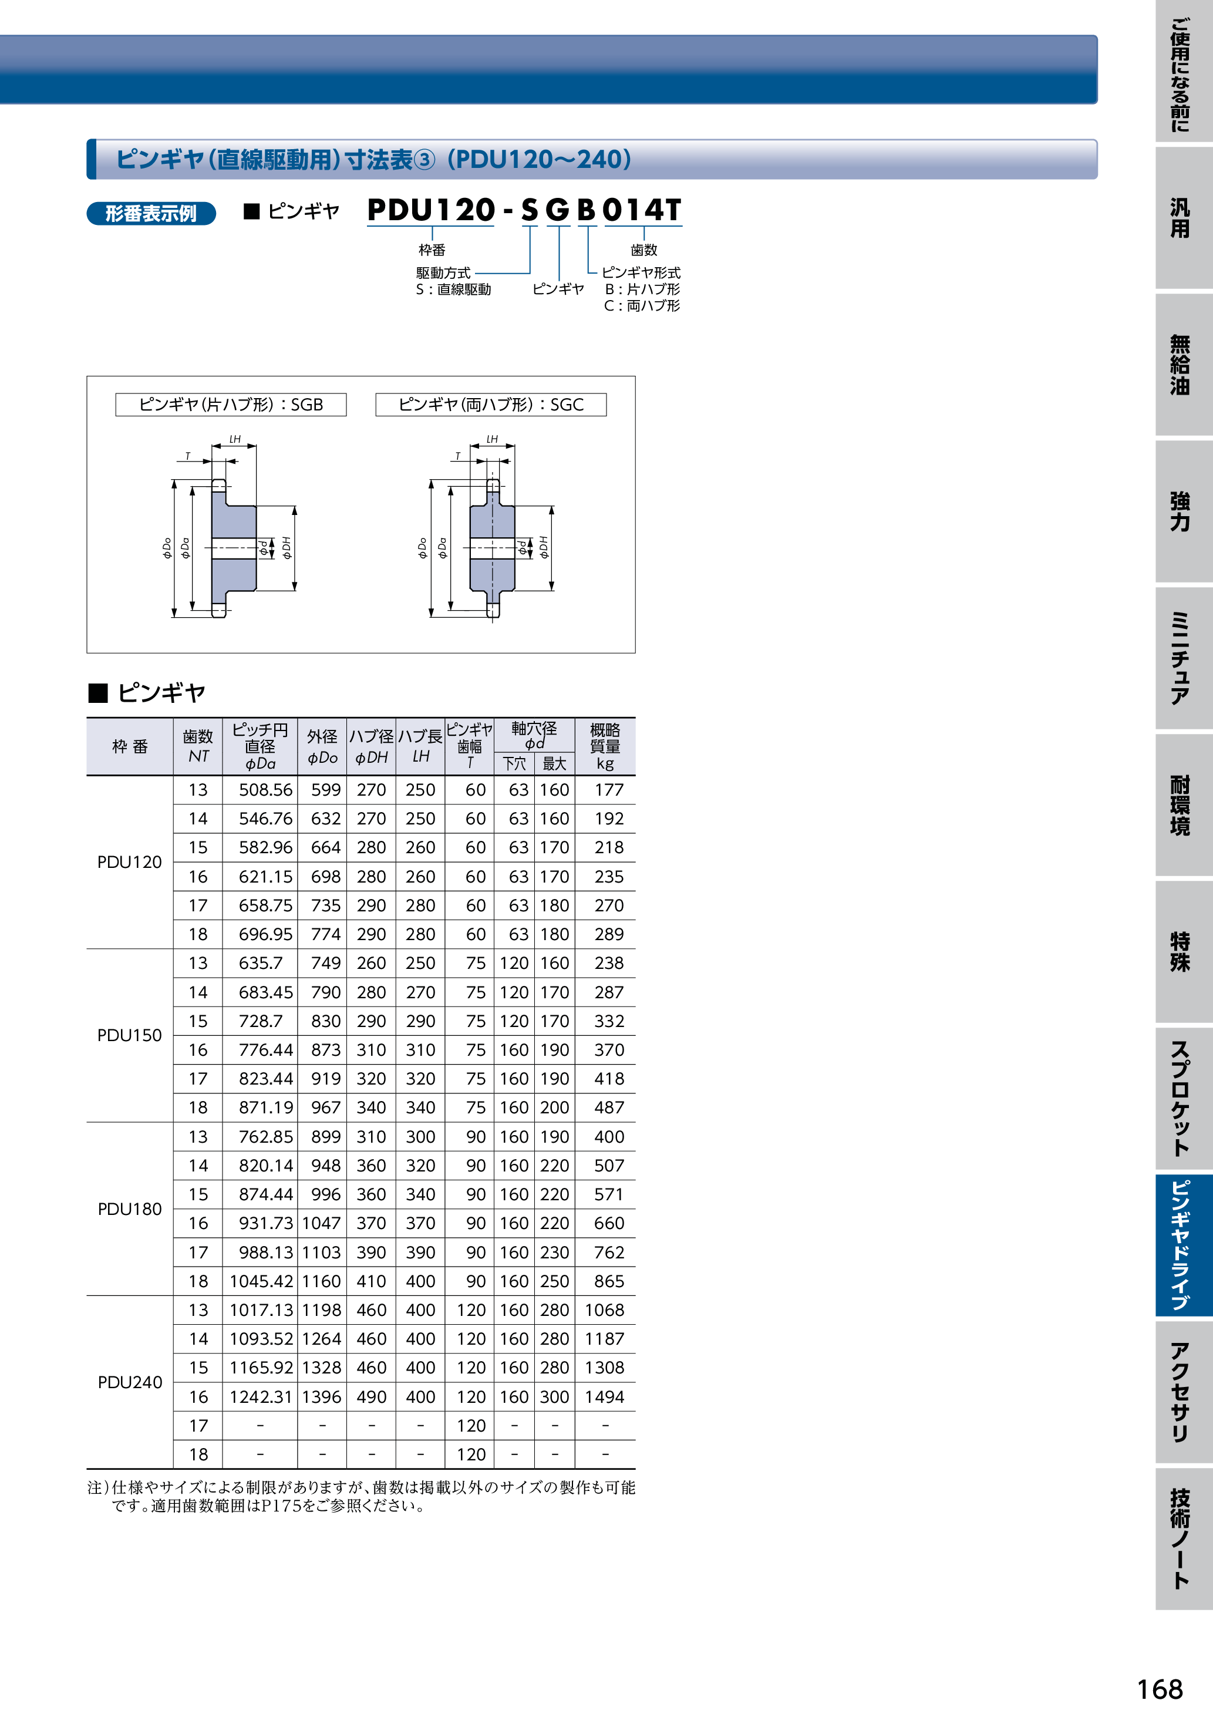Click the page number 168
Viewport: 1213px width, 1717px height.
tap(1160, 1689)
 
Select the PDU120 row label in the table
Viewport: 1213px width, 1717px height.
tap(129, 862)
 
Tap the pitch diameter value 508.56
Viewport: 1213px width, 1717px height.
tap(265, 790)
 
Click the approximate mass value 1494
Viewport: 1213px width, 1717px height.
tap(604, 1397)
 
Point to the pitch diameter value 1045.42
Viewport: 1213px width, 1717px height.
tap(261, 1281)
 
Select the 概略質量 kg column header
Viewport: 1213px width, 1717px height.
tap(605, 746)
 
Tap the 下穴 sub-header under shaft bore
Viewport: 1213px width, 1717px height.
tap(514, 763)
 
